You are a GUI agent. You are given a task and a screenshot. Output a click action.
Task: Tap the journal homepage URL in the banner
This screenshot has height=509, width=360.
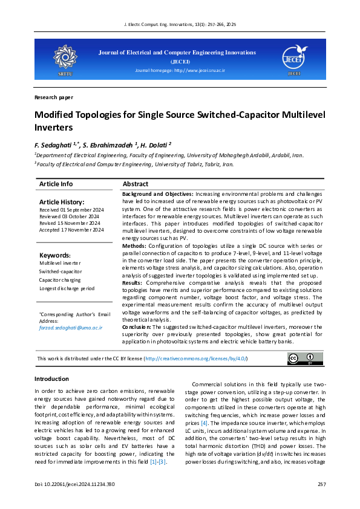coord(180,71)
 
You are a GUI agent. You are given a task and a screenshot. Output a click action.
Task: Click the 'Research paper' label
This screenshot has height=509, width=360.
coord(54,97)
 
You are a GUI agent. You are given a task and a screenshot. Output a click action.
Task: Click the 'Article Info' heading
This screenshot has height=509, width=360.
coord(56,184)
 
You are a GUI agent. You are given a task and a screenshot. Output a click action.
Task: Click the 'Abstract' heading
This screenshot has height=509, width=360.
coord(136,184)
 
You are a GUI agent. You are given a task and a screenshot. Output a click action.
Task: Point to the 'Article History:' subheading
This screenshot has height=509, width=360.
coord(62,201)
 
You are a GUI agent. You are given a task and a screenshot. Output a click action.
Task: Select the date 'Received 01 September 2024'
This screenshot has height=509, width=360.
coord(71,209)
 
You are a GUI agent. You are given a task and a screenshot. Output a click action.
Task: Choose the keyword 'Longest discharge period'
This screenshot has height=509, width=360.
coord(67,288)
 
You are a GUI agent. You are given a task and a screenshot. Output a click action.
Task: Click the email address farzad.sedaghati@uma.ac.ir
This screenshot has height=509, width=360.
coord(71,327)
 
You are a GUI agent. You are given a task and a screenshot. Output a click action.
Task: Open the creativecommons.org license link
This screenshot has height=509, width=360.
coord(196,359)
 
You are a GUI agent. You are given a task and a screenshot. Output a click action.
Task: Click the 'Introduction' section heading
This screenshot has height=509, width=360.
coord(51,379)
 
